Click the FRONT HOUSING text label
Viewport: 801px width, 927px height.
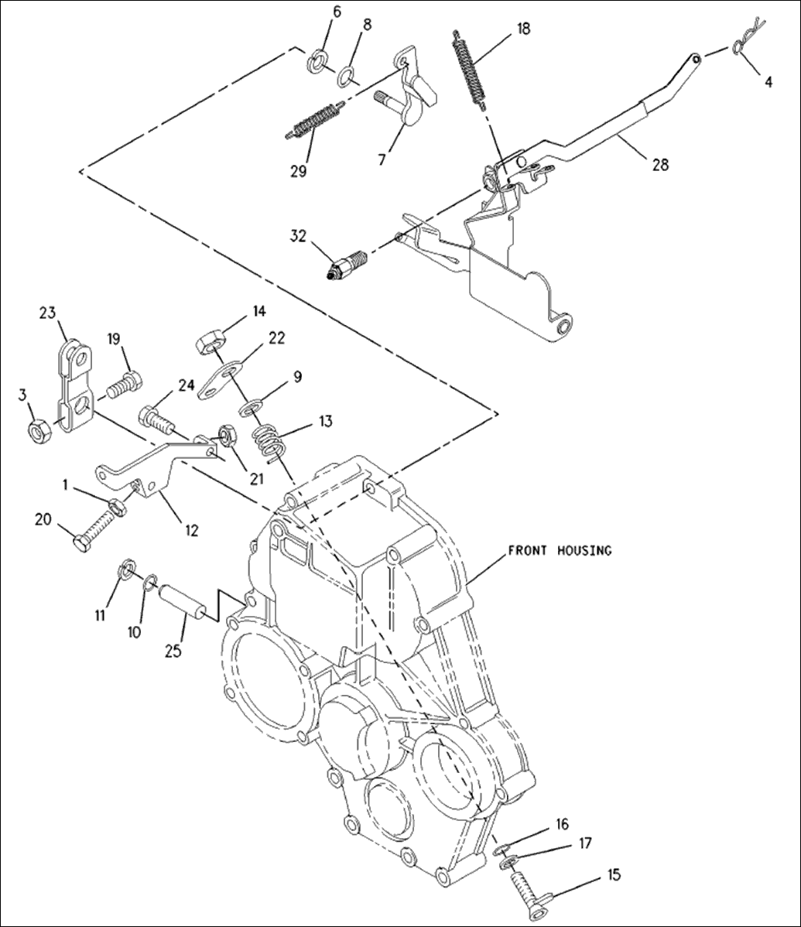559,551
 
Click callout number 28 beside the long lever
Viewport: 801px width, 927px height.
660,164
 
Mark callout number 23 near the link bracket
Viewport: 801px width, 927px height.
49,313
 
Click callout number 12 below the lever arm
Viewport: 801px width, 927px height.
191,530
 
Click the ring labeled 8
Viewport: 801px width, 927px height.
347,76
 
